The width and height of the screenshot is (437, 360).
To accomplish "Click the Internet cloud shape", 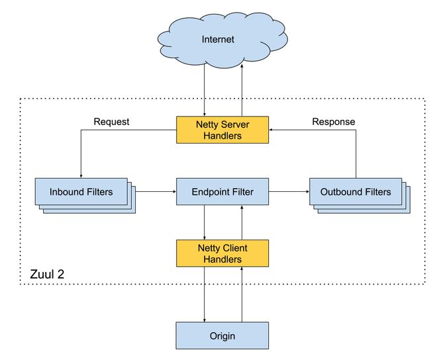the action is pyautogui.click(x=222, y=40).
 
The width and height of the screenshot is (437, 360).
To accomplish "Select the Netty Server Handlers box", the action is pyautogui.click(x=222, y=130).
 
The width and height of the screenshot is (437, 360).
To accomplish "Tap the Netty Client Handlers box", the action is pyautogui.click(x=222, y=253).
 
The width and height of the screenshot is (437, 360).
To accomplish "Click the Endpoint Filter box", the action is pyautogui.click(x=222, y=192).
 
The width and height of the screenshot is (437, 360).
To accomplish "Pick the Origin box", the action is pyautogui.click(x=222, y=336).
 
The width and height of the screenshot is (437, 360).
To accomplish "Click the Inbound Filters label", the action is pyautogui.click(x=81, y=192).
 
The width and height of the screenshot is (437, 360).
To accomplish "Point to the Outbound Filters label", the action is pyautogui.click(x=356, y=192).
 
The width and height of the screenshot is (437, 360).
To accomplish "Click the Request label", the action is pyautogui.click(x=111, y=122).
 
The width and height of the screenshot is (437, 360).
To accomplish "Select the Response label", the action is pyautogui.click(x=334, y=122).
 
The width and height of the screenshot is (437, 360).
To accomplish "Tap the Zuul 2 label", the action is pyautogui.click(x=47, y=274).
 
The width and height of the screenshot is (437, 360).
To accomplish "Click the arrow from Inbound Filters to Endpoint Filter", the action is pyautogui.click(x=156, y=192).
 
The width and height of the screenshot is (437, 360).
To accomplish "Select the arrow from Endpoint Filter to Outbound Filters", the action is pyautogui.click(x=289, y=192).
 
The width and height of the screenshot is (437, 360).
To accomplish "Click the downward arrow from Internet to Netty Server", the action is pyautogui.click(x=205, y=91).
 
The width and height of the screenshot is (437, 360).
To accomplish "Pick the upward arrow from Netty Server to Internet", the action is pyautogui.click(x=242, y=90).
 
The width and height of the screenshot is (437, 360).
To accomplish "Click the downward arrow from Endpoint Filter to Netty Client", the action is pyautogui.click(x=205, y=222).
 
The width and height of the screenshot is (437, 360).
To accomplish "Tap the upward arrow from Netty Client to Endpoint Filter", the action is pyautogui.click(x=242, y=222).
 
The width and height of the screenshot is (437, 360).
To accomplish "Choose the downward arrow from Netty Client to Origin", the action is pyautogui.click(x=205, y=294).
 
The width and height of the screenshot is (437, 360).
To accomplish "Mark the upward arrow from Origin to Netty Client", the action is pyautogui.click(x=242, y=294).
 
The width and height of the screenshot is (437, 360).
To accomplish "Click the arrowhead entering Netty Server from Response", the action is pyautogui.click(x=271, y=130).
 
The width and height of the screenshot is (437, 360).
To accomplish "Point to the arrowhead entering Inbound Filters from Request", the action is pyautogui.click(x=81, y=176).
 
